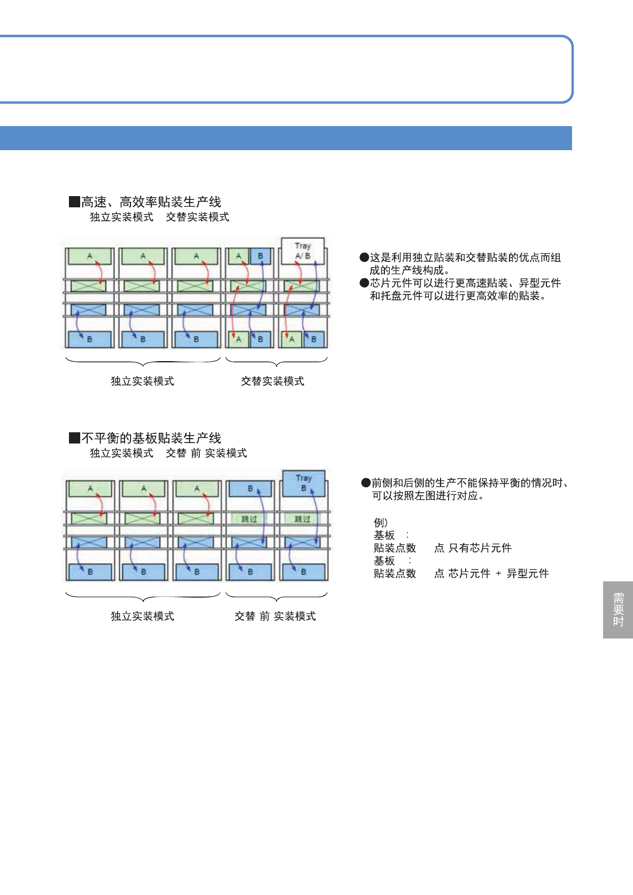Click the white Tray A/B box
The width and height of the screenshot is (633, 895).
(x=303, y=251)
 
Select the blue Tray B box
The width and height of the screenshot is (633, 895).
(x=303, y=482)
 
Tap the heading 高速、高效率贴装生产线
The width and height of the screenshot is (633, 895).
(x=151, y=202)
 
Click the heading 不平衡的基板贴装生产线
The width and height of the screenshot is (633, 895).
(x=151, y=438)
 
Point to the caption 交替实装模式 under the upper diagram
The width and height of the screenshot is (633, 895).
(x=273, y=381)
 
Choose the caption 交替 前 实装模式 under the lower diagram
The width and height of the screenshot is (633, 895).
(x=275, y=616)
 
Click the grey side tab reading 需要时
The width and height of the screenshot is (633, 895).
(x=618, y=610)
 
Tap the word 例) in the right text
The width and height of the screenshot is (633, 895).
(x=381, y=522)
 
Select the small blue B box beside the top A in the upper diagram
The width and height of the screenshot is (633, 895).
(x=260, y=256)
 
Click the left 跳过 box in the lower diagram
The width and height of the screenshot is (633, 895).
(x=249, y=519)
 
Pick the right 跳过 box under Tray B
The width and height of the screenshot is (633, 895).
(x=302, y=519)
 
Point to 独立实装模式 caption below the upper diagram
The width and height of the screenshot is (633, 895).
(x=142, y=381)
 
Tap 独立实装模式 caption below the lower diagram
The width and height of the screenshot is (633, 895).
(x=142, y=616)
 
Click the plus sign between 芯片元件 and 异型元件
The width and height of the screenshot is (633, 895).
(x=498, y=573)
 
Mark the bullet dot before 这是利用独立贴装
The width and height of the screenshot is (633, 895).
(x=364, y=258)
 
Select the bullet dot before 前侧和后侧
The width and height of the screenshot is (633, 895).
(x=366, y=483)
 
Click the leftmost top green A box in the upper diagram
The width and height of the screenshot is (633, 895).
(x=89, y=256)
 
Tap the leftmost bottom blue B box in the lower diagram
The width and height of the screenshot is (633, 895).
(x=90, y=572)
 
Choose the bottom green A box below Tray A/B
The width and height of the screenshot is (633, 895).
(x=291, y=339)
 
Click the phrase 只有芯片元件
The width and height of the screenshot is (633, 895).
(x=480, y=548)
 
